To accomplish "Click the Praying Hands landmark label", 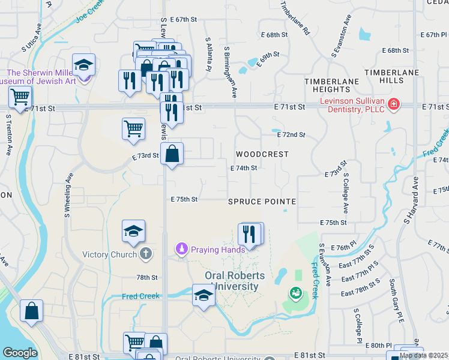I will tap(218, 250).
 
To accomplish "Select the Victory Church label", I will tap(111, 254).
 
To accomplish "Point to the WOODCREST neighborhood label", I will tap(262, 154).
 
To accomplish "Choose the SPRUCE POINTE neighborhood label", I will tap(262, 202).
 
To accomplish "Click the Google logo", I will tap(19, 353).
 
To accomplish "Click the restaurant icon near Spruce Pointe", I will tap(250, 234).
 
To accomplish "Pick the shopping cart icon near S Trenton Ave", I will tap(20, 96).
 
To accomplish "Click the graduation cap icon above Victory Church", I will tap(133, 231).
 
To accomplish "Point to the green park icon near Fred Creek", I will tap(295, 293).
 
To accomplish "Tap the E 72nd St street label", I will tap(291, 135).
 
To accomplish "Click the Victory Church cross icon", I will tap(145, 254).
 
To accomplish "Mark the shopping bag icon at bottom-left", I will tap(31, 311).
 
